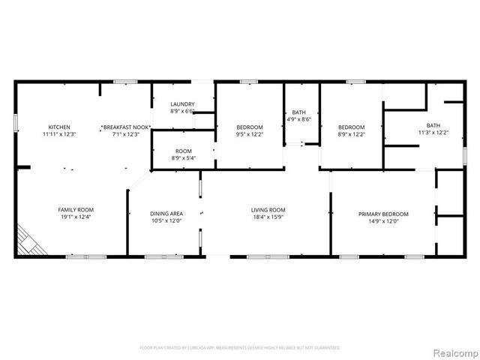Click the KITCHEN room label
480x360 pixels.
(59, 127)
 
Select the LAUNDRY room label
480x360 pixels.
(183, 104)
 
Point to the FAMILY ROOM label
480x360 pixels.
(76, 209)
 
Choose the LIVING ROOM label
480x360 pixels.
(268, 209)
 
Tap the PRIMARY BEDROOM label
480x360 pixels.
(383, 214)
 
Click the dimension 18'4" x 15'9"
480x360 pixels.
(268, 217)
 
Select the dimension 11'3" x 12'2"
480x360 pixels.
(433, 133)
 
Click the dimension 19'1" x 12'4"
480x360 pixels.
(76, 217)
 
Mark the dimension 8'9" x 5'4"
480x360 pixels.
(183, 159)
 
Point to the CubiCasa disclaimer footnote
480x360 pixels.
(240, 348)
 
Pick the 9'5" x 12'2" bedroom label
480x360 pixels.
(250, 127)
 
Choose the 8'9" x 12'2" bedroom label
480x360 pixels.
(351, 127)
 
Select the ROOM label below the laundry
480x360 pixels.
(183, 151)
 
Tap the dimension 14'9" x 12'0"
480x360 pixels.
(383, 222)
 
